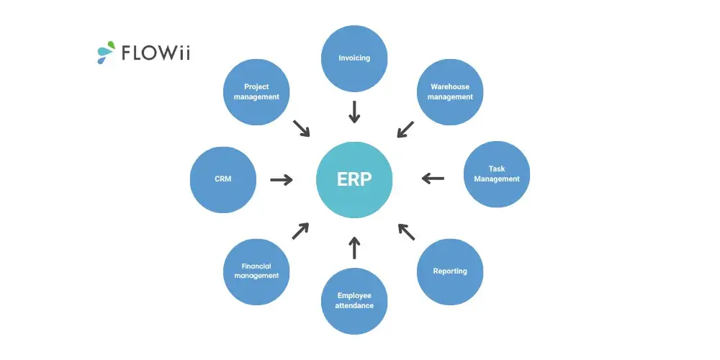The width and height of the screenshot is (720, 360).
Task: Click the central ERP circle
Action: tap(354, 179)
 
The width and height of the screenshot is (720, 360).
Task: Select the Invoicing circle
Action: tap(354, 58)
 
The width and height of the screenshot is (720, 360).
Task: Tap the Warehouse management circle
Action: tap(451, 92)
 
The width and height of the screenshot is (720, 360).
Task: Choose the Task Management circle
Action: tap(497, 174)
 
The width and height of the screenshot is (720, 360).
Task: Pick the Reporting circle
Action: tap(450, 271)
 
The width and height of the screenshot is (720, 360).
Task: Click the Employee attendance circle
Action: tap(354, 301)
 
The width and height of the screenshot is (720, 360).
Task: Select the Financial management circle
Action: tap(256, 271)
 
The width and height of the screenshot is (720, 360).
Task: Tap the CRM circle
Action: tap(223, 179)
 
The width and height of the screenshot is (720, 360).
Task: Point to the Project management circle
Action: tap(256, 92)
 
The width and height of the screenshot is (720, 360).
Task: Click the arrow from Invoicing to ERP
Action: tap(354, 112)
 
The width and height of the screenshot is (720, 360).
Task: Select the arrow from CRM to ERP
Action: tap(282, 179)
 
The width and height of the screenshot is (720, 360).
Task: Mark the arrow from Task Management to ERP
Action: tap(433, 178)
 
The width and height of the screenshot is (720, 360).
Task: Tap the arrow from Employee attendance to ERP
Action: tap(354, 248)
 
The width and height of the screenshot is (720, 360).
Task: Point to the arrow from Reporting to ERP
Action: tap(406, 231)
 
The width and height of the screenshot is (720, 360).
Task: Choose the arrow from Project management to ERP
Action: tap(301, 127)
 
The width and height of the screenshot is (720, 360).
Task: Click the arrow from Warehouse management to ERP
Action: tap(406, 128)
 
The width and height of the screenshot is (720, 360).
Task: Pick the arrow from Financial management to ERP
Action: tap(300, 231)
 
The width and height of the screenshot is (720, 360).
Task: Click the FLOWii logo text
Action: tap(156, 53)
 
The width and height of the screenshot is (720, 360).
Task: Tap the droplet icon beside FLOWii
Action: tap(106, 52)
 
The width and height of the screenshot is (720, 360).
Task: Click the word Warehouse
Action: tap(450, 87)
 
